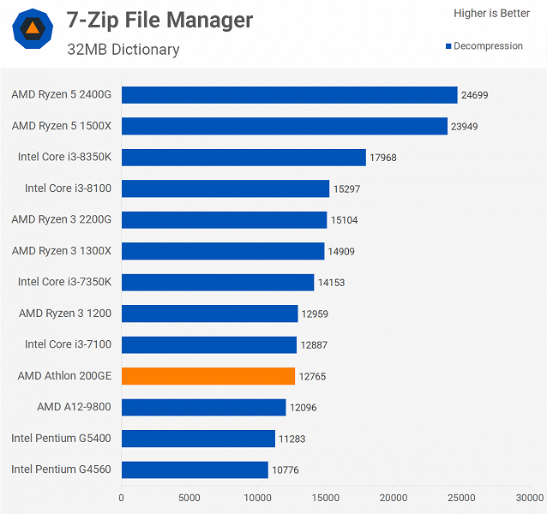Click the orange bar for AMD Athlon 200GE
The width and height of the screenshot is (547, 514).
(x=208, y=376)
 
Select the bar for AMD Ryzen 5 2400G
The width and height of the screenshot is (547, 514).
(x=289, y=95)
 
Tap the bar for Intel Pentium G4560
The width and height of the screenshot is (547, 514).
(x=195, y=469)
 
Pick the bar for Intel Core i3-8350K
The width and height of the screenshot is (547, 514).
(x=243, y=158)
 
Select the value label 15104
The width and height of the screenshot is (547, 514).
(x=344, y=220)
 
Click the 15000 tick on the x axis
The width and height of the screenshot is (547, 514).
(x=326, y=497)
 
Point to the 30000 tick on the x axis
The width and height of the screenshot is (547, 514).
(x=529, y=497)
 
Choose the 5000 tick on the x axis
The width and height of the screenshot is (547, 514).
(x=189, y=497)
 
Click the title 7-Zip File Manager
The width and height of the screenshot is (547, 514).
(x=160, y=21)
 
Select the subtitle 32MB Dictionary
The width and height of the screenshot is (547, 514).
(x=123, y=49)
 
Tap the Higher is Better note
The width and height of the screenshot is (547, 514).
(x=491, y=13)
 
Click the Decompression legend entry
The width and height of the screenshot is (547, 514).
(x=484, y=46)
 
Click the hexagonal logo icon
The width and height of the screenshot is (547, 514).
(x=32, y=30)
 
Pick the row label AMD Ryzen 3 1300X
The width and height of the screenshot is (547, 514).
(x=62, y=251)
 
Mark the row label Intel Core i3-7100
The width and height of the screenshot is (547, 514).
(x=69, y=344)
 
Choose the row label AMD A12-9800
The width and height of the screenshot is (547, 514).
(x=75, y=407)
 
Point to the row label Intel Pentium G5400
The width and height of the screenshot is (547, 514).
(x=62, y=439)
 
